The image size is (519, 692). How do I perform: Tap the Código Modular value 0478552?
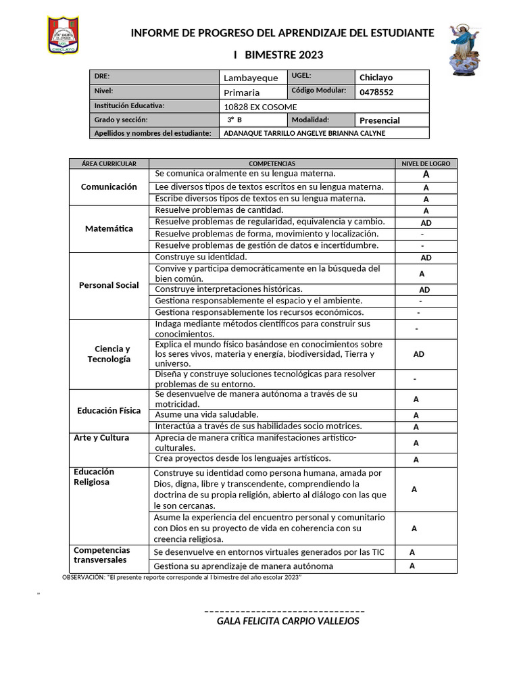coord(376,92)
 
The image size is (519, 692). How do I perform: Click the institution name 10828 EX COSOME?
coord(259,107)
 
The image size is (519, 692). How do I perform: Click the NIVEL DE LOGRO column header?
coord(425,164)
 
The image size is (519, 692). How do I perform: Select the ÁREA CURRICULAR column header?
coord(109,164)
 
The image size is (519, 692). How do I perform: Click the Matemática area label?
coord(109,228)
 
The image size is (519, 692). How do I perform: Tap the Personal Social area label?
coord(109,285)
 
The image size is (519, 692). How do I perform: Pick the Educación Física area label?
coord(109,410)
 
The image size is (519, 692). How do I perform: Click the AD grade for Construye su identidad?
coord(426,258)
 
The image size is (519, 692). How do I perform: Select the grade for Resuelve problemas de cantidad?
coord(426,211)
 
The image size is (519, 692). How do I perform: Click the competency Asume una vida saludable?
coord(207,414)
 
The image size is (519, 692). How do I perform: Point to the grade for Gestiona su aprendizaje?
coord(412,566)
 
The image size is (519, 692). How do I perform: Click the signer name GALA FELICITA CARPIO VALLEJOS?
coord(288,621)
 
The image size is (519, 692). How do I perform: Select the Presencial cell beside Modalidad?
coord(380,120)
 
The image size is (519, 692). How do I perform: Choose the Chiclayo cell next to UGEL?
coord(376,77)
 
